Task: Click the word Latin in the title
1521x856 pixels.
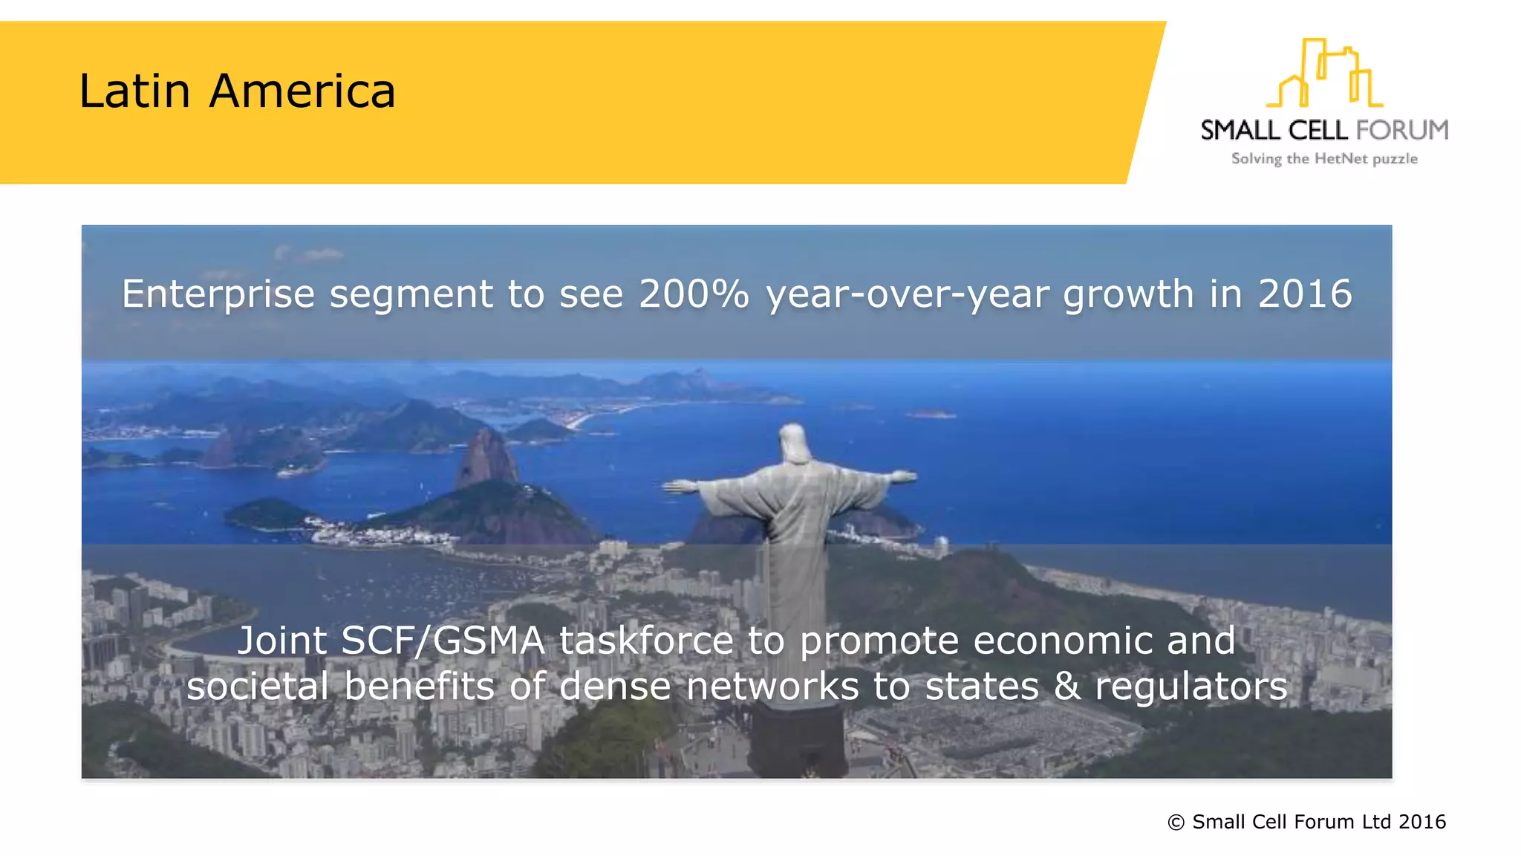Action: [135, 91]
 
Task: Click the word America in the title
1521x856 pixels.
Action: [302, 91]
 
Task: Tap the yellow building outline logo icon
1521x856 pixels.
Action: [1324, 73]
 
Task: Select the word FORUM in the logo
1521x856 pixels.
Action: [1402, 131]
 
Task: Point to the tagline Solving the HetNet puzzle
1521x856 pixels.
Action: [1324, 159]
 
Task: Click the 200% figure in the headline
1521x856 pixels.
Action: [694, 294]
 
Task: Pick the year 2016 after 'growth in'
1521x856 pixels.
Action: [1304, 294]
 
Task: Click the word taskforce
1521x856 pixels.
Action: [646, 641]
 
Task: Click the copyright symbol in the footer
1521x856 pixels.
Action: [1176, 822]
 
